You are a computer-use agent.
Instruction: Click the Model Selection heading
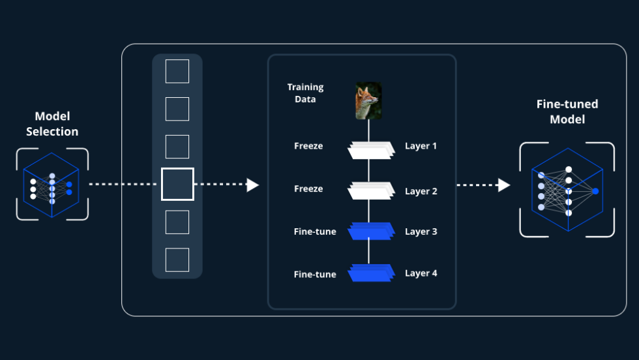(52, 124)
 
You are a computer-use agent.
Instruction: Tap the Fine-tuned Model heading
(567, 112)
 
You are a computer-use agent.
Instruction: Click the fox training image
(368, 100)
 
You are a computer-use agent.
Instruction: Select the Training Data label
(305, 93)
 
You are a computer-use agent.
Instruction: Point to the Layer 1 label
(421, 146)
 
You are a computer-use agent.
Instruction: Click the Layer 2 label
(421, 191)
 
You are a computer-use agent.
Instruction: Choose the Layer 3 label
(421, 232)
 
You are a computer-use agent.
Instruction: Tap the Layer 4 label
(421, 273)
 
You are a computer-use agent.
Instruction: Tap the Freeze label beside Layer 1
(308, 146)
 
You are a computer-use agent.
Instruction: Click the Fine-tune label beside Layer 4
(315, 275)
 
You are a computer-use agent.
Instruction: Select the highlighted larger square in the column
(177, 184)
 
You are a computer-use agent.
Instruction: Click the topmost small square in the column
(177, 71)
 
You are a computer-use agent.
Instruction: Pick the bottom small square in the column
(177, 260)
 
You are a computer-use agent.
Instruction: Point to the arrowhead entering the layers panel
(252, 185)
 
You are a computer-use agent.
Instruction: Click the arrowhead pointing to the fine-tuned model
(503, 185)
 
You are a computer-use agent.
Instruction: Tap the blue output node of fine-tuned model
(595, 190)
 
